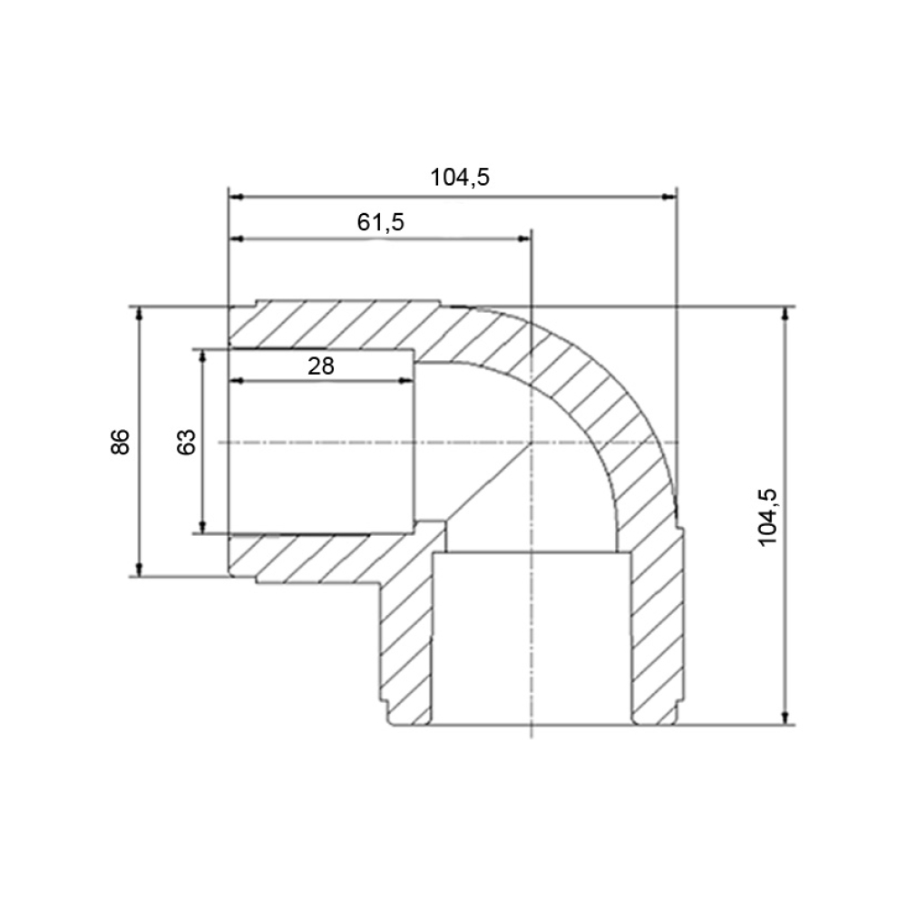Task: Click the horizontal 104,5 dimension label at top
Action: tap(460, 177)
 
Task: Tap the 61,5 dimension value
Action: tap(381, 222)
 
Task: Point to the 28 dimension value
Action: tap(321, 366)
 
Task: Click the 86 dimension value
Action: tap(121, 442)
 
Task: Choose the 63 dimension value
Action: tap(186, 442)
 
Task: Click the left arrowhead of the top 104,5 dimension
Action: tap(237, 197)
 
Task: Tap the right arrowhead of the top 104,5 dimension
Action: tap(668, 197)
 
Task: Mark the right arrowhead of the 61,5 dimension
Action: tap(523, 239)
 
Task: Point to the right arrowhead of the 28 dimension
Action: tap(406, 381)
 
